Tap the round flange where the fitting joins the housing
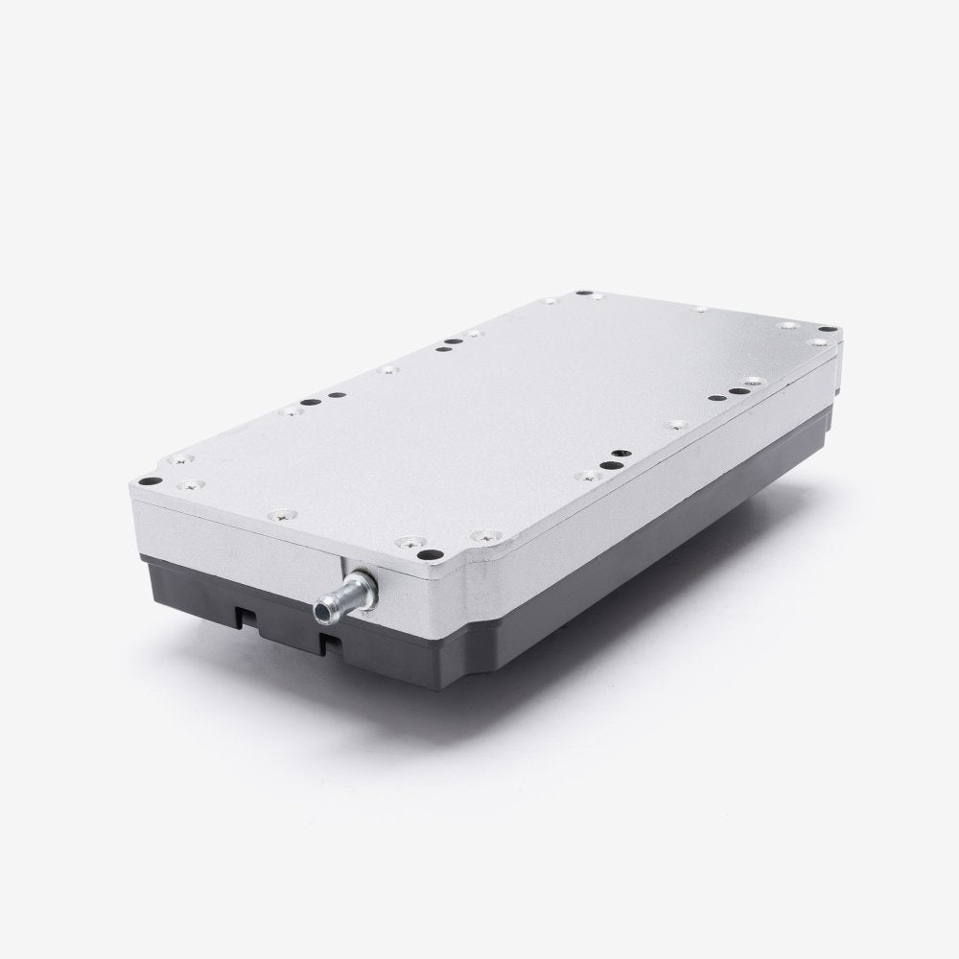coord(362,582)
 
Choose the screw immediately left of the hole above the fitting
coord(413,542)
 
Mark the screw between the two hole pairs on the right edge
coord(679,422)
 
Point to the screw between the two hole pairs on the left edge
coord(387,368)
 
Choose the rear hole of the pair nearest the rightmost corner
coord(744,389)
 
